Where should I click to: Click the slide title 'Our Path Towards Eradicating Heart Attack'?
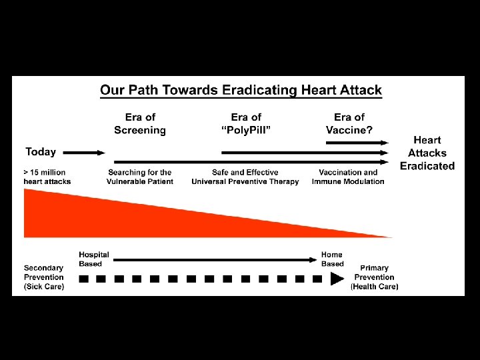pos(241,90)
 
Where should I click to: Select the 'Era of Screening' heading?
pos(140,124)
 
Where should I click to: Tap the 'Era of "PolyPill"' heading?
pos(246,124)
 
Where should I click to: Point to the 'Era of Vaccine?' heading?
pos(349,124)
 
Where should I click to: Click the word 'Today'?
pos(41,152)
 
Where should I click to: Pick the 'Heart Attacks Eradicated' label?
pos(427,153)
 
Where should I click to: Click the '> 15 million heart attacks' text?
pos(47,177)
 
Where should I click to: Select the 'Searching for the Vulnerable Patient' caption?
pos(140,177)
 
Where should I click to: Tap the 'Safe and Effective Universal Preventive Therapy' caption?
pos(245,177)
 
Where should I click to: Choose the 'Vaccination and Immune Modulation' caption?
pos(348,177)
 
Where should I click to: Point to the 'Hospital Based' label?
pos(94,259)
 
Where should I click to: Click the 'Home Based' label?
pos(332,259)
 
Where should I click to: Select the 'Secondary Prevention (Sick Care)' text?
pos(44,277)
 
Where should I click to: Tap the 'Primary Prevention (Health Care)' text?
pos(375,277)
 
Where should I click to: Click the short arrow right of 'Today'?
pos(83,153)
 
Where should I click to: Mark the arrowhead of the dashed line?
pos(337,279)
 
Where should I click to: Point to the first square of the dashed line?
pos(83,279)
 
